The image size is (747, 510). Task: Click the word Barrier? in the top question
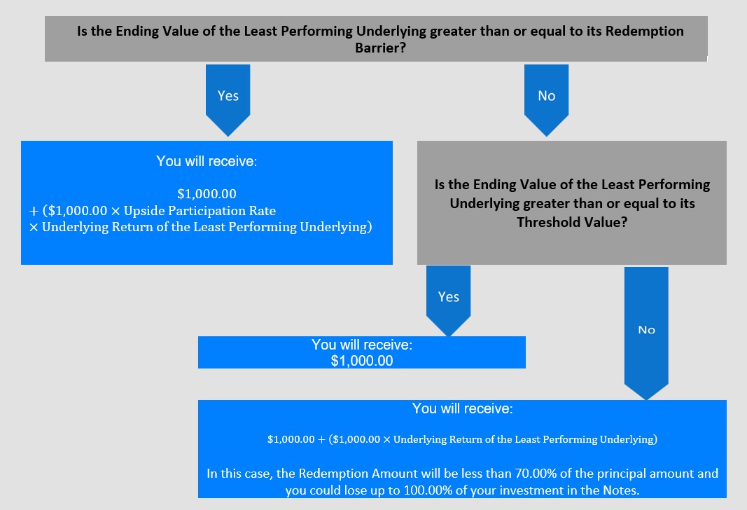click(380, 48)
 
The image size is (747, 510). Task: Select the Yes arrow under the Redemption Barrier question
click(228, 100)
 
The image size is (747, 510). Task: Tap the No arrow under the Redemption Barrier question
click(547, 100)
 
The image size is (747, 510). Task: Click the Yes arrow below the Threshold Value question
click(448, 301)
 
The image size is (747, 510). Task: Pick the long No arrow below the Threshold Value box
click(646, 333)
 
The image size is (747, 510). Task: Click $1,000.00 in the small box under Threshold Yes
click(362, 361)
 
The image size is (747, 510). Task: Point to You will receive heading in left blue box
click(207, 161)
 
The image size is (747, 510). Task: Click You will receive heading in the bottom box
click(463, 408)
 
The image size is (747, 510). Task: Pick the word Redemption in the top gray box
click(645, 31)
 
